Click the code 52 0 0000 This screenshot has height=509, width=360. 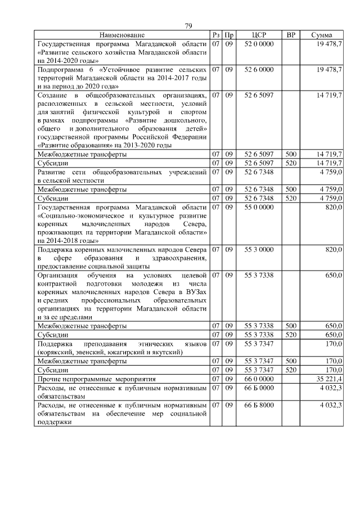pos(259,44)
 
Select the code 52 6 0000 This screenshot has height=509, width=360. pos(259,69)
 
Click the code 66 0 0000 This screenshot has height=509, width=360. pos(259,380)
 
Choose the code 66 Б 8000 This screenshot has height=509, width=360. pos(259,405)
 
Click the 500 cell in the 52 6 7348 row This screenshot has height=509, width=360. pos(291,190)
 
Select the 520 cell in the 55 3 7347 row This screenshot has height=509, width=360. pos(291,370)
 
